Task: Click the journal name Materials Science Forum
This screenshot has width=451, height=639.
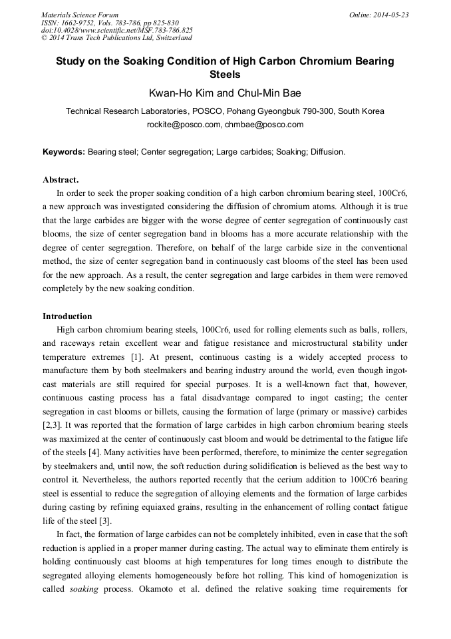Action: tap(80, 15)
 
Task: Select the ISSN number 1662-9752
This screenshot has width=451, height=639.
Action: tap(78, 22)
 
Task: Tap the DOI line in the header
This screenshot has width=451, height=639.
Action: tap(117, 30)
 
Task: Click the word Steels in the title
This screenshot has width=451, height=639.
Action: tap(224, 75)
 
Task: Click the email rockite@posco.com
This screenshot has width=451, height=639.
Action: tap(183, 124)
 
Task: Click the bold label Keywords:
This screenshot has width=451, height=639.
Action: tap(64, 152)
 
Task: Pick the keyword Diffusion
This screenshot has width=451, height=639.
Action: tap(325, 152)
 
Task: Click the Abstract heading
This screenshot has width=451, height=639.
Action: tap(61, 180)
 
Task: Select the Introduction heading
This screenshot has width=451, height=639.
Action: tap(67, 316)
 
